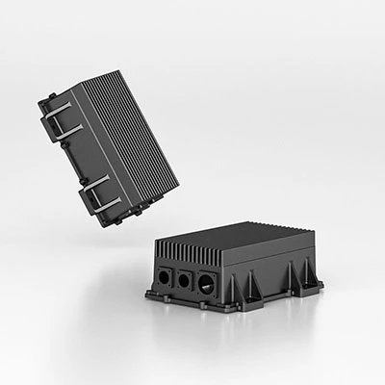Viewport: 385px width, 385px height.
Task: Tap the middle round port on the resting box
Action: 181,280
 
